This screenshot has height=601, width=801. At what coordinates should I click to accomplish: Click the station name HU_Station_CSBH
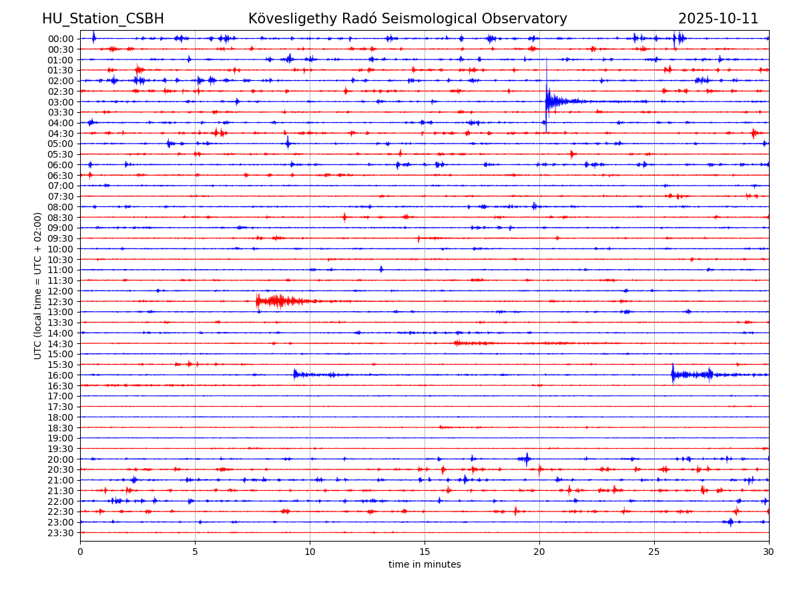point(103,19)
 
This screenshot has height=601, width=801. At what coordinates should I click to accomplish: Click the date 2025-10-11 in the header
point(718,19)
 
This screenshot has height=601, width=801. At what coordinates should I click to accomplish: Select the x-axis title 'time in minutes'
point(425,564)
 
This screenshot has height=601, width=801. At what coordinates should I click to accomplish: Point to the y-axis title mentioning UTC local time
point(38,286)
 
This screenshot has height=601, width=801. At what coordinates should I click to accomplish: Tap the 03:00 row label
point(61,102)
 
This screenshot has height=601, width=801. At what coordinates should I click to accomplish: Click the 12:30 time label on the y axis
point(61,301)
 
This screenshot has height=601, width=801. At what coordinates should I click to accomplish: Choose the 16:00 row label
point(61,375)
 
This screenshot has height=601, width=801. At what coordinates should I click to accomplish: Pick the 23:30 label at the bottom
point(61,533)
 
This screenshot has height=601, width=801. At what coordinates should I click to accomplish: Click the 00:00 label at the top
point(61,39)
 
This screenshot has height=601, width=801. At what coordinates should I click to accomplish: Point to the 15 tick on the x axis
point(425,552)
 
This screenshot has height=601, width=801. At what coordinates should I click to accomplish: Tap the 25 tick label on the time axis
point(654,552)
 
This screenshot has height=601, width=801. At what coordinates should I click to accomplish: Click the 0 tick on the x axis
point(80,552)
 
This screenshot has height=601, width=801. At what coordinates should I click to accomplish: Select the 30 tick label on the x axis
point(769,552)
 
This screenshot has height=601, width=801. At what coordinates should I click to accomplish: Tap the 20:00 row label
point(61,459)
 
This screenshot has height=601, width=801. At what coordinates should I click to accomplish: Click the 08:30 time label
point(61,217)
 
